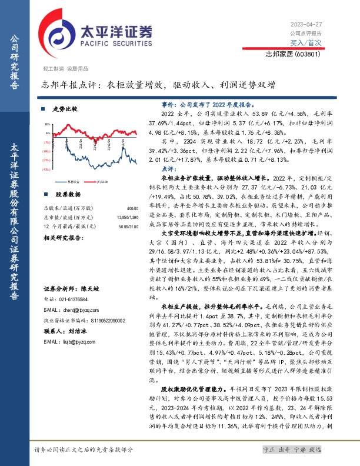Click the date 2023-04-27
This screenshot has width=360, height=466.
[x=306, y=24]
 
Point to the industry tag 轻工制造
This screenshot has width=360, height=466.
[x=54, y=69]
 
